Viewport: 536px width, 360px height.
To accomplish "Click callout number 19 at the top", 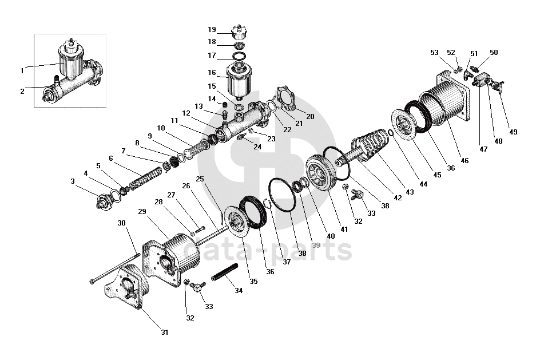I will point(212,30).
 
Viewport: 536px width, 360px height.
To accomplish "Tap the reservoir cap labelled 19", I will point(240,29).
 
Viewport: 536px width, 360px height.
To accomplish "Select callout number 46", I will point(464,161).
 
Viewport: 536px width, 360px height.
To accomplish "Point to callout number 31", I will point(164,332).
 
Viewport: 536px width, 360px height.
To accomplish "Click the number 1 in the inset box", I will point(22,71).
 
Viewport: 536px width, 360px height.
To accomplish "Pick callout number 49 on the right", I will point(513,132).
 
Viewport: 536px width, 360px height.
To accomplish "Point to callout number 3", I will point(73,181).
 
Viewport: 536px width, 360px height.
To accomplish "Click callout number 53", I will point(434,53).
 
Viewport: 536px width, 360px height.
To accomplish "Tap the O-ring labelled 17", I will point(240,56).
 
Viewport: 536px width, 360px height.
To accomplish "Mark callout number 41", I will point(344,229).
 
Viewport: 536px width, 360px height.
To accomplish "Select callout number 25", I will point(200,179).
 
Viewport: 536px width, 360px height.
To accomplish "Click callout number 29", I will point(142,212).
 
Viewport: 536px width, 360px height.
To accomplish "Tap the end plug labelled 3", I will point(105,201).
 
